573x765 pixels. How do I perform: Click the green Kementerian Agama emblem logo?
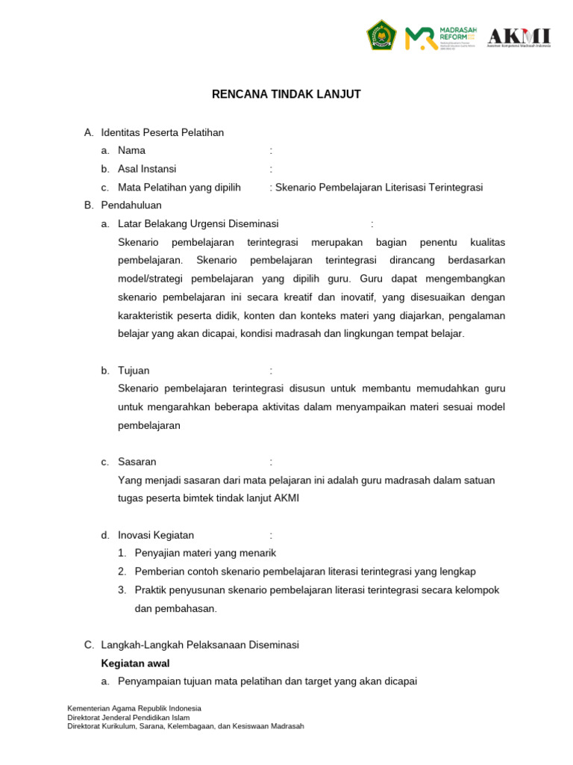pos(381,35)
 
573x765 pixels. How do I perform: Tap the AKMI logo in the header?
pos(519,37)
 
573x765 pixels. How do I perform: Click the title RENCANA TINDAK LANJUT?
pos(286,94)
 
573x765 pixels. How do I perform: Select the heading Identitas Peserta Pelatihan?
pos(162,132)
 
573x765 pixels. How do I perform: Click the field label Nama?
pos(131,150)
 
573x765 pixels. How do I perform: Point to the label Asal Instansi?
pos(147,169)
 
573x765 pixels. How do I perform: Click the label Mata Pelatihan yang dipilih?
pos(179,188)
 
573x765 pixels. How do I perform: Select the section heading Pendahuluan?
pos(131,205)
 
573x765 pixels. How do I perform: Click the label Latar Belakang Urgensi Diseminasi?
pos(198,223)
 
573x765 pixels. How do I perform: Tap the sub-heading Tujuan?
pos(134,371)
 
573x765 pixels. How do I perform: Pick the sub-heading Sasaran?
pos(137,462)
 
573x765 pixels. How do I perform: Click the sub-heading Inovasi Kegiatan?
pos(156,535)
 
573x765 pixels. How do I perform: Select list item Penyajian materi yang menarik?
pos(205,553)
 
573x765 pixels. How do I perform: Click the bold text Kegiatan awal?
pos(135,663)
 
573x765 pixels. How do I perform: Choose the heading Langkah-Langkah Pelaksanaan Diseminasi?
pos(199,645)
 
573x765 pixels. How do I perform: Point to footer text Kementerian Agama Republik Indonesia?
pos(134,708)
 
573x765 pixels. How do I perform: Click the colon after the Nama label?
pos(271,150)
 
